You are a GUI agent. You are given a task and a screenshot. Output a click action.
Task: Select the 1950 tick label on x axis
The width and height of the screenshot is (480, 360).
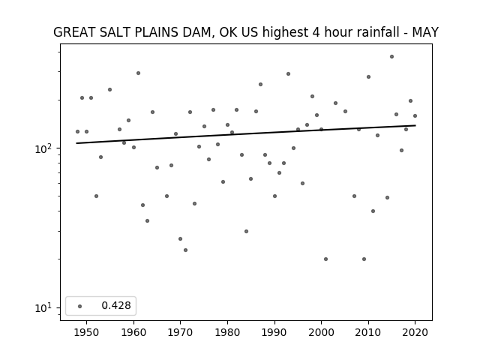[87, 332]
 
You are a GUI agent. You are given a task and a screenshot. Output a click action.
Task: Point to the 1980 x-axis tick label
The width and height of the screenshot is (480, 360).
[227, 332]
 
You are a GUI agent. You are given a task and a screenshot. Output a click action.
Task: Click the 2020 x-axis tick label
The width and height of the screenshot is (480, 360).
[415, 332]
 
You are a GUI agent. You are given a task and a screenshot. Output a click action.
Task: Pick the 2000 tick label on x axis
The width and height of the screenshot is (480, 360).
[322, 332]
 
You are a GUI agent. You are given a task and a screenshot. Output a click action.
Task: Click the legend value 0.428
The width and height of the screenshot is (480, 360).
[116, 305]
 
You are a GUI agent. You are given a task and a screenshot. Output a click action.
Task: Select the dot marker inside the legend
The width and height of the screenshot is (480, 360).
[80, 306]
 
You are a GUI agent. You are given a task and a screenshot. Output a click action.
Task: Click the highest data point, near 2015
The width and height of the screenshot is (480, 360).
[391, 57]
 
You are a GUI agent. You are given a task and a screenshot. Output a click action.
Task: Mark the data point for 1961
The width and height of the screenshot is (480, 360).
[138, 73]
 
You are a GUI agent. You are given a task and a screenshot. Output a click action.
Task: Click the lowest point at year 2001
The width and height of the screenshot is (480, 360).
[325, 259]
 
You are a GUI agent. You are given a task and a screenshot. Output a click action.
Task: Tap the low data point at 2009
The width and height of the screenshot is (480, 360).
[364, 259]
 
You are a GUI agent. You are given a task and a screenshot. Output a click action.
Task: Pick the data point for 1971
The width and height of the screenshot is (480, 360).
[185, 250]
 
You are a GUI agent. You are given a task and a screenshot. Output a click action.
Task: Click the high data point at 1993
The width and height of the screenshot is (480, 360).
[288, 73]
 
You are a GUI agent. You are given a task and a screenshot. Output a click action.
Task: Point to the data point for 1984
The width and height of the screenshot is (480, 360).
[247, 232]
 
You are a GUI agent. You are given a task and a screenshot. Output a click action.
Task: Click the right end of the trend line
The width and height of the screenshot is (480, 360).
[415, 125]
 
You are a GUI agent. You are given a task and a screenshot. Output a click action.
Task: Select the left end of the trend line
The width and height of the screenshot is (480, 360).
[76, 143]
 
